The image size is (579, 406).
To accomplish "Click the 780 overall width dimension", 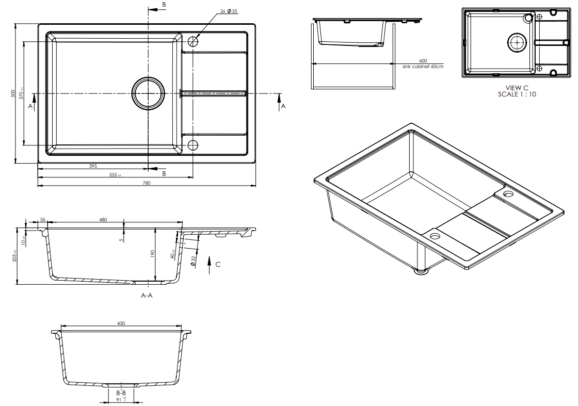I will [147, 184].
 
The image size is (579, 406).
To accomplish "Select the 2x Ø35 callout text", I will [228, 11].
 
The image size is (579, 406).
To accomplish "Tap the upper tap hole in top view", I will [193, 42].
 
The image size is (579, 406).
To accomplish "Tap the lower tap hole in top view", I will [193, 145].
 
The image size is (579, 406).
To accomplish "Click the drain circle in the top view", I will [149, 93].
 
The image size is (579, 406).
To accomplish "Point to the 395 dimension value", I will [93, 167].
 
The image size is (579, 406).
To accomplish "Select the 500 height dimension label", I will [13, 93].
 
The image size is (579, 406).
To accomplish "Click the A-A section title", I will [147, 296].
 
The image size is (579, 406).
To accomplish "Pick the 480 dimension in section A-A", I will [103, 220].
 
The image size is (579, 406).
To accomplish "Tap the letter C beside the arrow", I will [218, 264].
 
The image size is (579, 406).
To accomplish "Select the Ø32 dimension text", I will [193, 262].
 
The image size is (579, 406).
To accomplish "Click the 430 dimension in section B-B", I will [121, 323].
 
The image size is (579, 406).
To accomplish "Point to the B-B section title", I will [121, 393].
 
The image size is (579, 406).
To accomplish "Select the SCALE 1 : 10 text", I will [517, 94].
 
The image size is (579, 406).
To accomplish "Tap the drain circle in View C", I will [517, 43].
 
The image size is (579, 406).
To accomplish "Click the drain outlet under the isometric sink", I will [423, 270].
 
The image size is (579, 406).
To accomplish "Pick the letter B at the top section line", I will [164, 5].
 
